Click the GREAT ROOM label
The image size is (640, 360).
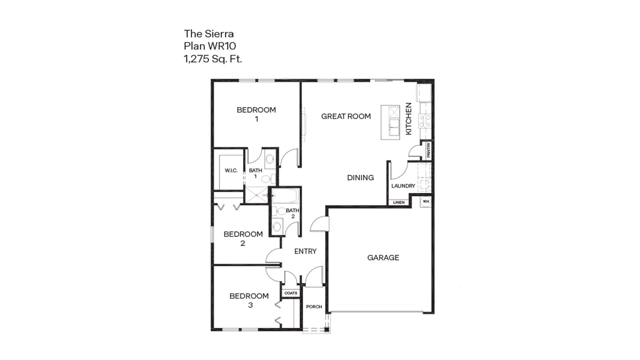click(x=346, y=116)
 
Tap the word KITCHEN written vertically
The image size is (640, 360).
click(x=408, y=119)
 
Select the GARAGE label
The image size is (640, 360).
click(x=383, y=258)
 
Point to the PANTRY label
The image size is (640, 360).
click(x=428, y=150)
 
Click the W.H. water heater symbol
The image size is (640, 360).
click(x=426, y=201)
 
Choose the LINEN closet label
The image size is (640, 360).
click(x=399, y=202)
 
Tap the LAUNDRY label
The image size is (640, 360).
click(x=403, y=186)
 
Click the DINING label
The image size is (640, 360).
click(x=360, y=178)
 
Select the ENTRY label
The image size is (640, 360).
click(x=305, y=251)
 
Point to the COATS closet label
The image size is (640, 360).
click(x=291, y=293)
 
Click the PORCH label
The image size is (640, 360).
click(x=314, y=307)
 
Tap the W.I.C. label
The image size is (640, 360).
click(x=231, y=170)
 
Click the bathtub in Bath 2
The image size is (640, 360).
click(x=284, y=196)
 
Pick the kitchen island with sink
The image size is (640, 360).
click(x=390, y=122)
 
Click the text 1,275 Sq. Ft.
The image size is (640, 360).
click(x=213, y=59)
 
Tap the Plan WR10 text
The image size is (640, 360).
click(x=210, y=46)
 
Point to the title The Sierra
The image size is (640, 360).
click(x=208, y=34)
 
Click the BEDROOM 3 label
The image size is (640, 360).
click(x=249, y=300)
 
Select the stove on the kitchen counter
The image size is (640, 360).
click(x=424, y=120)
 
